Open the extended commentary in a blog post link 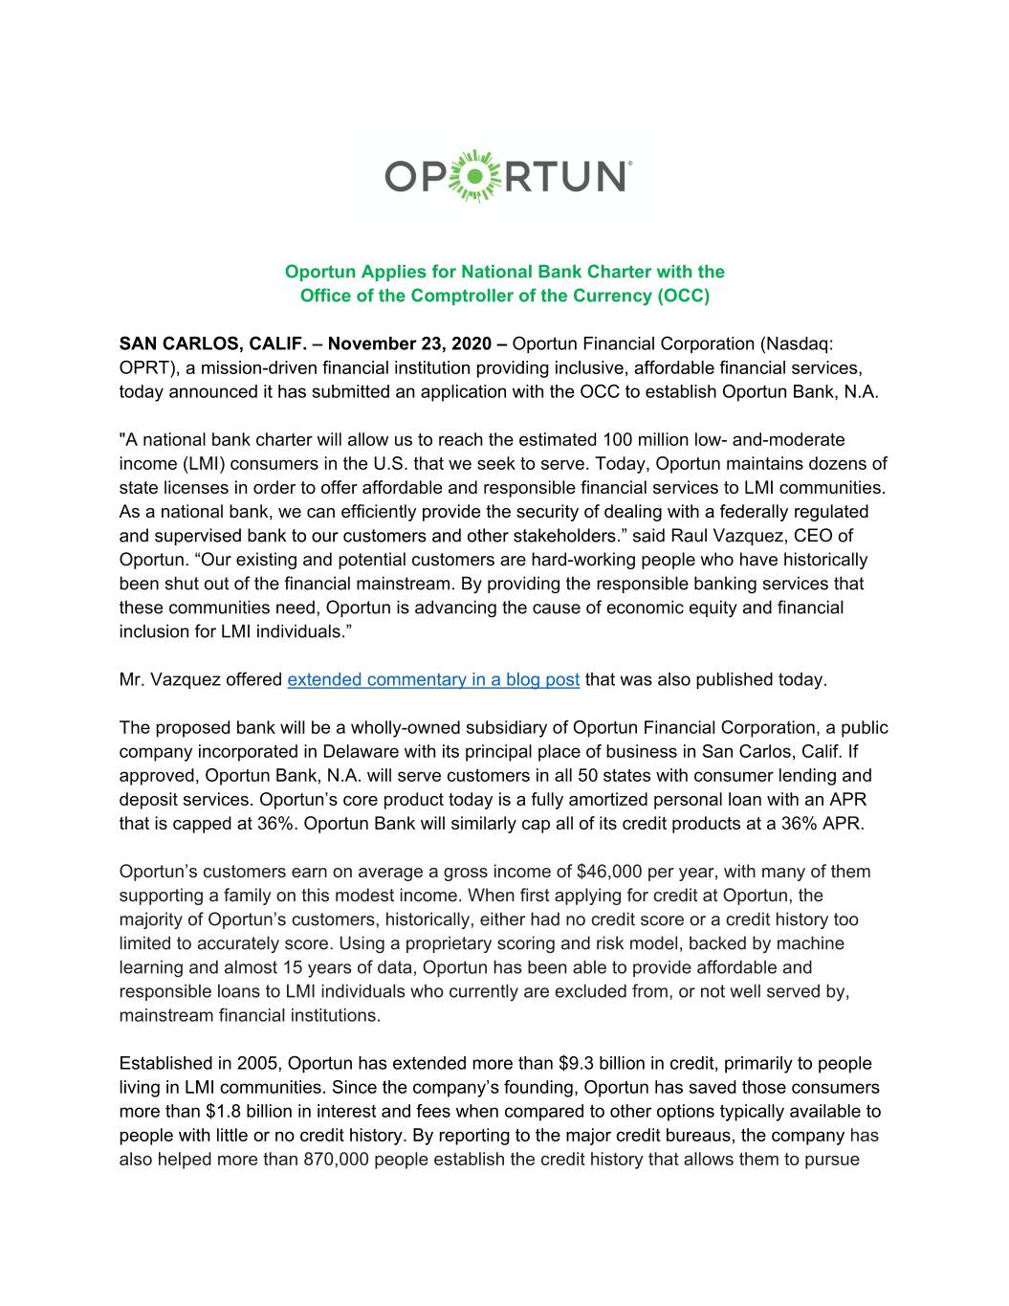pyautogui.click(x=433, y=679)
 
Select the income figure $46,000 pyautogui.click(x=615, y=872)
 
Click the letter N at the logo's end pyautogui.click(x=607, y=177)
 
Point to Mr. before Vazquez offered pyautogui.click(x=131, y=679)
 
